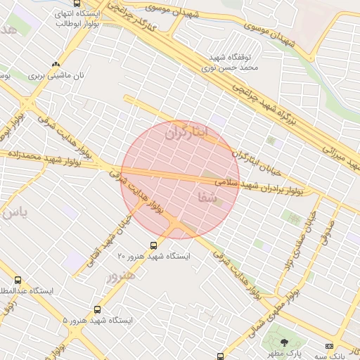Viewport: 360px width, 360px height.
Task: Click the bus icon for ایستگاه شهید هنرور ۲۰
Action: click(x=153, y=245)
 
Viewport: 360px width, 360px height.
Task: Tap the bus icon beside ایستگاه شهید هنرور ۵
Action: click(x=97, y=309)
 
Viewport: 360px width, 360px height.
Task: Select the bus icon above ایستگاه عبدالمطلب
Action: click(x=18, y=280)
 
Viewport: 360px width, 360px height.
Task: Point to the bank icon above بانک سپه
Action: click(x=329, y=346)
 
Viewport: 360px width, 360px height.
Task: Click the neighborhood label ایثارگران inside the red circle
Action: click(x=186, y=131)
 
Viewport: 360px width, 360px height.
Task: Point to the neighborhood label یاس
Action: click(x=15, y=213)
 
